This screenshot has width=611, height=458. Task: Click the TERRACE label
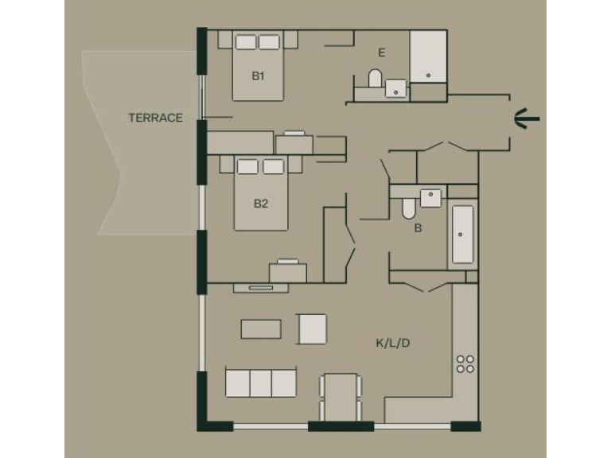pos(156,118)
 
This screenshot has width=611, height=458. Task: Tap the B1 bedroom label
pos(258,76)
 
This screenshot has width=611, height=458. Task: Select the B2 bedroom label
pos(260,204)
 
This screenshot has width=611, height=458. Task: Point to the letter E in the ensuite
pos(382,53)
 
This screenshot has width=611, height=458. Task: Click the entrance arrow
pos(527,118)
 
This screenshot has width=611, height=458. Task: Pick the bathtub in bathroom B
pos(462,235)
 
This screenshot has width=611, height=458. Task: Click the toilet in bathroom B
pos(409,208)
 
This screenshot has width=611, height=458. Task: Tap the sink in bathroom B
pos(430,196)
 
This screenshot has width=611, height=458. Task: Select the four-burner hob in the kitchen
pos(465,364)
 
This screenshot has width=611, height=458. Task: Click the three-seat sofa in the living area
pos(261,382)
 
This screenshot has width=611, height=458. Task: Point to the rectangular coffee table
pos(261,329)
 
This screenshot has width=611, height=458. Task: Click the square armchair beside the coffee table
pos(312,328)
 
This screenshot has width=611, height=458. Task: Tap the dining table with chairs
pos(341,395)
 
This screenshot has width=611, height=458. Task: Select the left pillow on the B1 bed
pos(246,41)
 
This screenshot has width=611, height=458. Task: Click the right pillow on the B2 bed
pos(274,166)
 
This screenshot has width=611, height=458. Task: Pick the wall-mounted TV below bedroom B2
pos(260,287)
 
